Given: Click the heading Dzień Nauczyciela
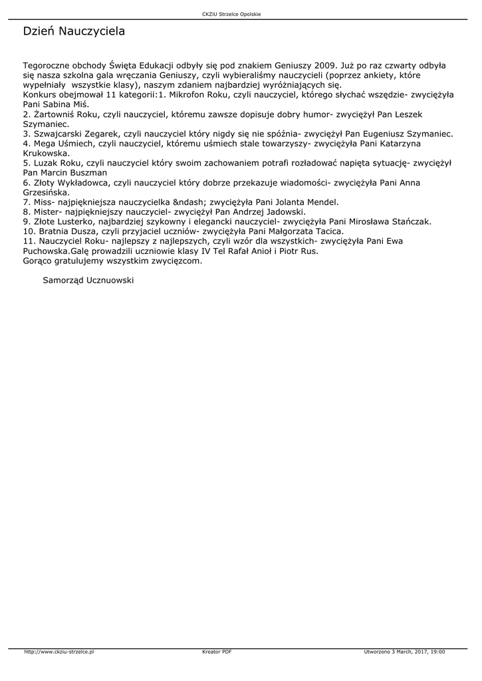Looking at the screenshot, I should click(74, 31).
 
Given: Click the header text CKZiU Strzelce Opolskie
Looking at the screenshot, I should click(231, 14).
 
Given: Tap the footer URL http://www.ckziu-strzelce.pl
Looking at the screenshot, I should click(59, 652).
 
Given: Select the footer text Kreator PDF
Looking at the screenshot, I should click(217, 652).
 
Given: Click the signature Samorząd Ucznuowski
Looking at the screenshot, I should click(88, 281).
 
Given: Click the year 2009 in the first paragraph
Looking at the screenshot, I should click(322, 66).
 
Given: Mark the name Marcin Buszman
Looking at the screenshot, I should click(73, 172).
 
